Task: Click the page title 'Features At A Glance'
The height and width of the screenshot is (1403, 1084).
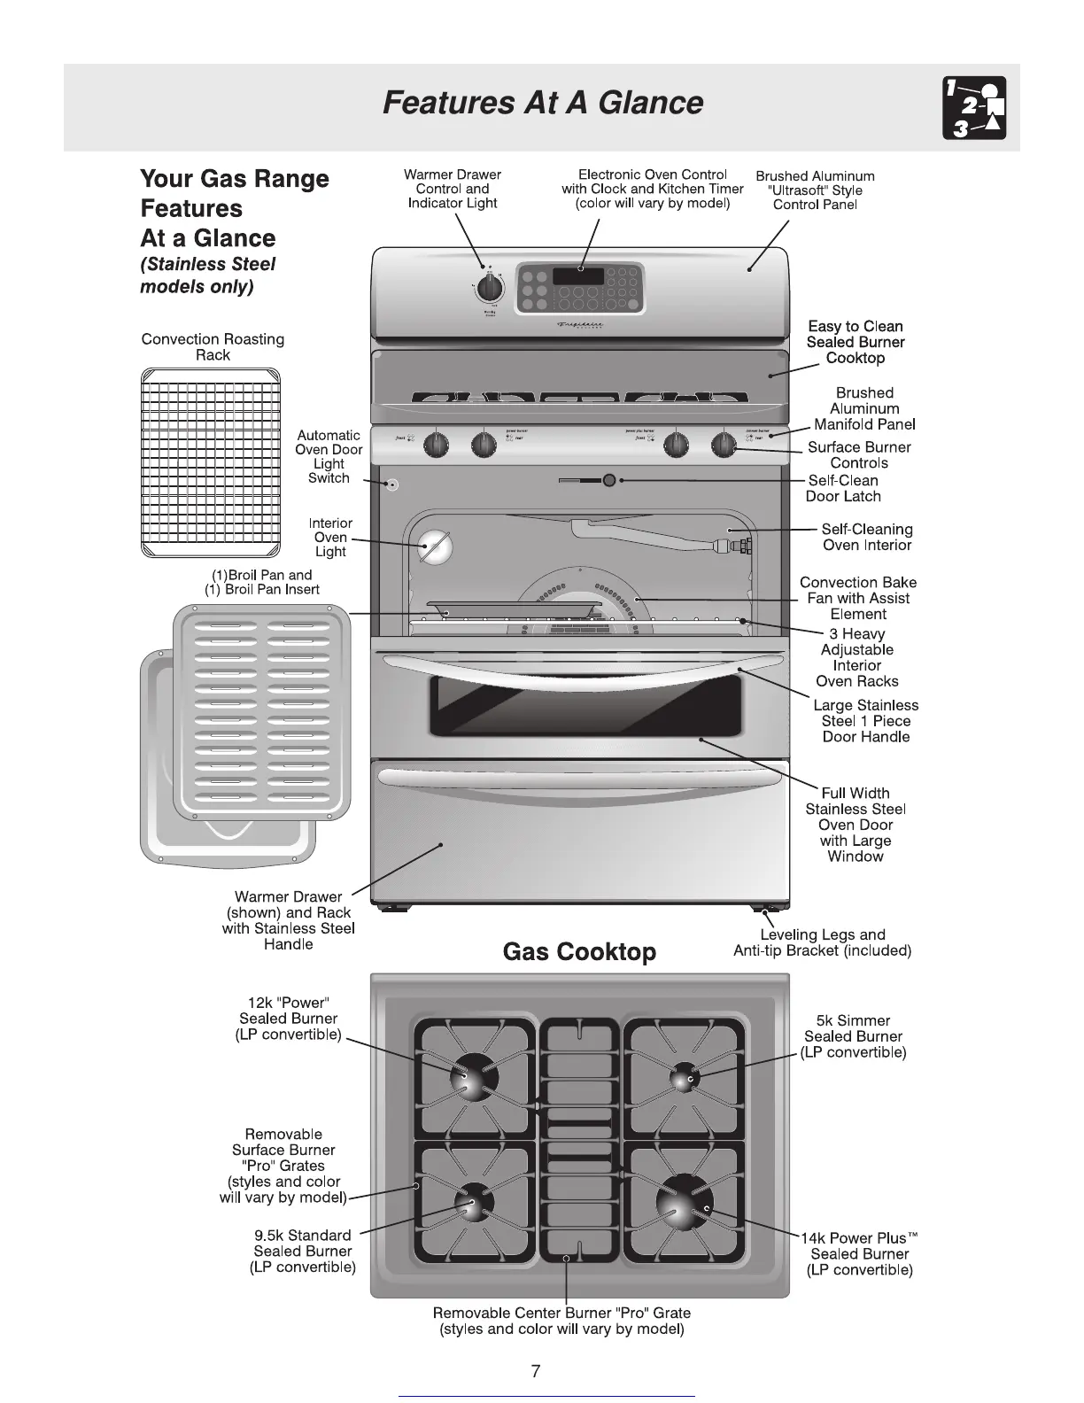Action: [542, 103]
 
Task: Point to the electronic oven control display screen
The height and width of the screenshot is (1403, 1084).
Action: [578, 276]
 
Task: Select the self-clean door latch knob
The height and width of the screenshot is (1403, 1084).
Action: [609, 480]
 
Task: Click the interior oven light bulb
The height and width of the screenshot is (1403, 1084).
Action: [435, 546]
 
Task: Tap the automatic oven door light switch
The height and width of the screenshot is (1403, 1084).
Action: [391, 484]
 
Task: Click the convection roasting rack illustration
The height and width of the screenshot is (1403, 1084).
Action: [211, 462]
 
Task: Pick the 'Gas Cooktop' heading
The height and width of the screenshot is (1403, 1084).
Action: [579, 952]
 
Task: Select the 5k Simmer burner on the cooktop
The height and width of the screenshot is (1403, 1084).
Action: [683, 1078]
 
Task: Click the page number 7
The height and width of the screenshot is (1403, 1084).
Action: [535, 1372]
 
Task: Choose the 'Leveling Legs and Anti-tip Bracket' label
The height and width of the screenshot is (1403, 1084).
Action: [822, 942]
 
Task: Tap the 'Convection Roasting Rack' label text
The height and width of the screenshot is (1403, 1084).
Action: [213, 347]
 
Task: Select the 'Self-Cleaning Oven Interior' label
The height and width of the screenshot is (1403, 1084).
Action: [866, 537]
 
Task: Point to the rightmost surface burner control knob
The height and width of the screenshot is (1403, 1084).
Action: [725, 444]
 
